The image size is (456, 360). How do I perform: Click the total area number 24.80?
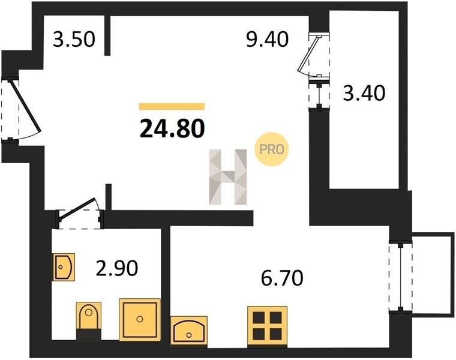coord(172,128)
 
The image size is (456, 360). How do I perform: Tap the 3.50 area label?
coord(74,40)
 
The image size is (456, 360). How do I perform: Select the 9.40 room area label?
coord(267,39)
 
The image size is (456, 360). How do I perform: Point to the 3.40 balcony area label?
coord(364,93)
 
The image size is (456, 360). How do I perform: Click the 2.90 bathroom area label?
coord(117,268)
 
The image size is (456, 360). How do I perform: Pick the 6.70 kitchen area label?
coord(282,278)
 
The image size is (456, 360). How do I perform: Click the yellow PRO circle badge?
coord(271,149)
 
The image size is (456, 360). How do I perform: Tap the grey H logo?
coord(228,177)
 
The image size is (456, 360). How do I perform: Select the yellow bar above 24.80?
coord(172,106)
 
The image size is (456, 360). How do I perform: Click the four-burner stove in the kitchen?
coord(267,326)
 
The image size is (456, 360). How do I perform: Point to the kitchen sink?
coord(189,331)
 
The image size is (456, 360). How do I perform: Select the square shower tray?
coord(140,319)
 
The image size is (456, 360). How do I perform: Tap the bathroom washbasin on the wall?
coord(64,267)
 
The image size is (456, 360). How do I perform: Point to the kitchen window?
coord(401,277)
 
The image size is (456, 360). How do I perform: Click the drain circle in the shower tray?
coord(140,319)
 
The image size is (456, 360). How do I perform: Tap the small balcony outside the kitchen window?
coord(433,274)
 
